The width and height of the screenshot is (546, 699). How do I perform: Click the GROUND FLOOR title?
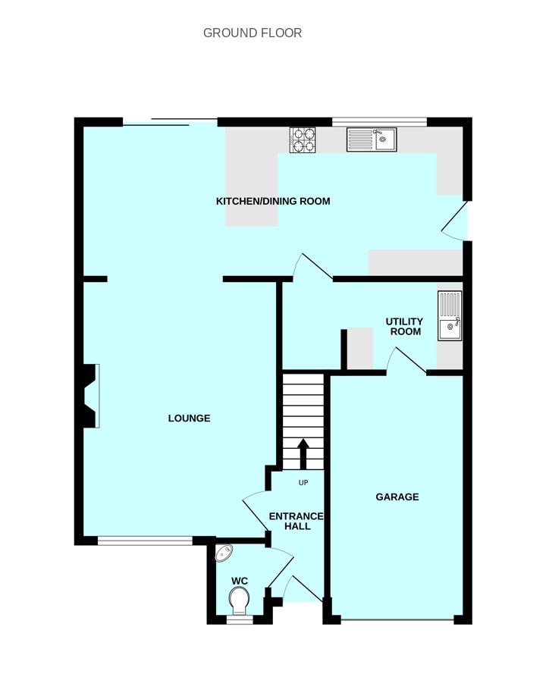pyautogui.click(x=253, y=33)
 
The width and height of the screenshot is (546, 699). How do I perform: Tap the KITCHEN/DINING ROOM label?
pyautogui.click(x=273, y=201)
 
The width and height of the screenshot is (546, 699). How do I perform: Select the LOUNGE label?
pyautogui.click(x=189, y=418)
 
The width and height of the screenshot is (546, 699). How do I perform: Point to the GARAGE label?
pyautogui.click(x=397, y=497)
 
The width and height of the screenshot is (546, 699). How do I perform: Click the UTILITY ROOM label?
pyautogui.click(x=404, y=327)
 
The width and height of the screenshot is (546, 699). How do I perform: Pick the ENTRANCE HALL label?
pyautogui.click(x=296, y=521)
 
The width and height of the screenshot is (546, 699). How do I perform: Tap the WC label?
pyautogui.click(x=240, y=581)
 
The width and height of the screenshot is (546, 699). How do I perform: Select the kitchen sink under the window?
pyautogui.click(x=372, y=139)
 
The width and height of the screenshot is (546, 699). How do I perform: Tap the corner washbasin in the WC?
pyautogui.click(x=224, y=553)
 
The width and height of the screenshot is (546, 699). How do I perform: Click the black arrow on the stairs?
pyautogui.click(x=303, y=453)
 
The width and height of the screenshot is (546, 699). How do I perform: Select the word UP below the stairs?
pyautogui.click(x=303, y=483)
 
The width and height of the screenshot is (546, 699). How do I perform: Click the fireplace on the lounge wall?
pyautogui.click(x=89, y=396)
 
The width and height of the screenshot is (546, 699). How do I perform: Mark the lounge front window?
pyautogui.click(x=144, y=541)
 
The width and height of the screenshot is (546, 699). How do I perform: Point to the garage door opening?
pyautogui.click(x=397, y=622)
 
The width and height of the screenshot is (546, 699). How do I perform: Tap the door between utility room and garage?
pyautogui.click(x=406, y=360)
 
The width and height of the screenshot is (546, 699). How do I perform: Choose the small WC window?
pyautogui.click(x=240, y=619)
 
